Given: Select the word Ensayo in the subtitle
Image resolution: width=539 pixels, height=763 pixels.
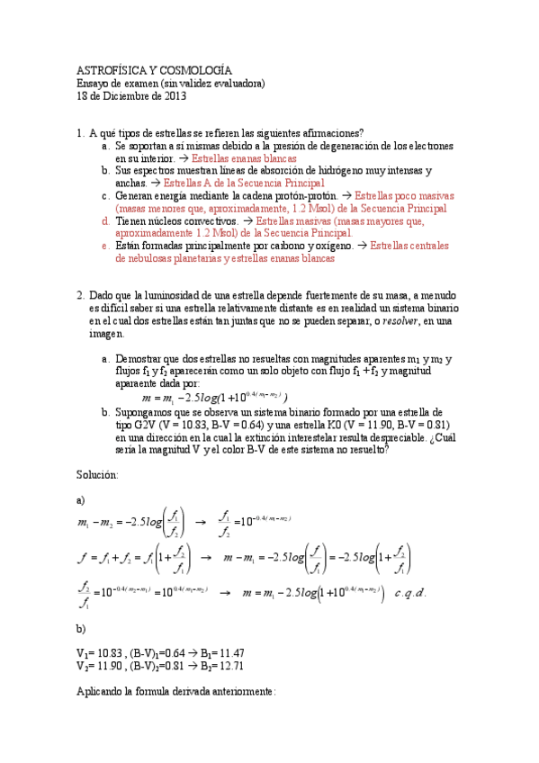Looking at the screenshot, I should tap(92, 83).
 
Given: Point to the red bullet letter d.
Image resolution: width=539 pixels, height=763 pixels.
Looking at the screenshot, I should tap(104, 220).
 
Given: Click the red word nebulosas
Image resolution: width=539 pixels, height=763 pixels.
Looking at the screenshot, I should tap(138, 257).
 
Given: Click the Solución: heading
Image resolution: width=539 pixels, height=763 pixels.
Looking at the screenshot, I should tap(97, 473).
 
